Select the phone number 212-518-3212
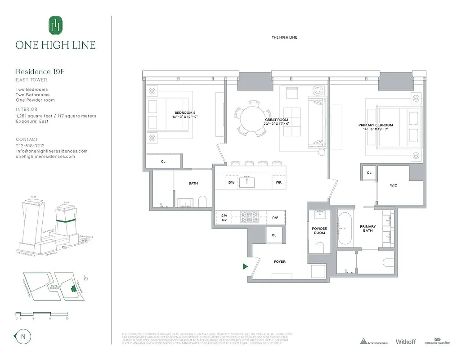pyautogui.click(x=30, y=146)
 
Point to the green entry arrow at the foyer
pyautogui.click(x=245, y=266)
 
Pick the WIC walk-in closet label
pyautogui.click(x=393, y=185)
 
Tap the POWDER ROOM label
pyautogui.click(x=319, y=230)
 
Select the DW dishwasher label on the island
pyautogui.click(x=231, y=183)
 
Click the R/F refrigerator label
pyautogui.click(x=275, y=218)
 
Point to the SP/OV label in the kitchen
pyautogui.click(x=224, y=218)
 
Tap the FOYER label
pyautogui.click(x=279, y=261)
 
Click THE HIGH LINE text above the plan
pyautogui.click(x=284, y=37)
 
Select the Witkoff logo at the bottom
pyautogui.click(x=407, y=342)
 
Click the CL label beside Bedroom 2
pyautogui.click(x=163, y=161)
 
